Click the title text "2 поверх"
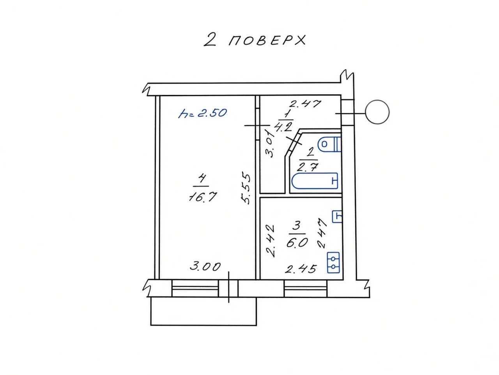click(255, 40)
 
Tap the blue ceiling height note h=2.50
click(202, 113)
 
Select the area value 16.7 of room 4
click(203, 197)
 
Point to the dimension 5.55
click(246, 189)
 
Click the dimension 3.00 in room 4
click(205, 267)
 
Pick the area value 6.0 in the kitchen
click(297, 243)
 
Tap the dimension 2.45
click(301, 269)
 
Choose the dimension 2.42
click(271, 241)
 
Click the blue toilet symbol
click(330, 144)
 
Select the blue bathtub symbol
click(315, 181)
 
